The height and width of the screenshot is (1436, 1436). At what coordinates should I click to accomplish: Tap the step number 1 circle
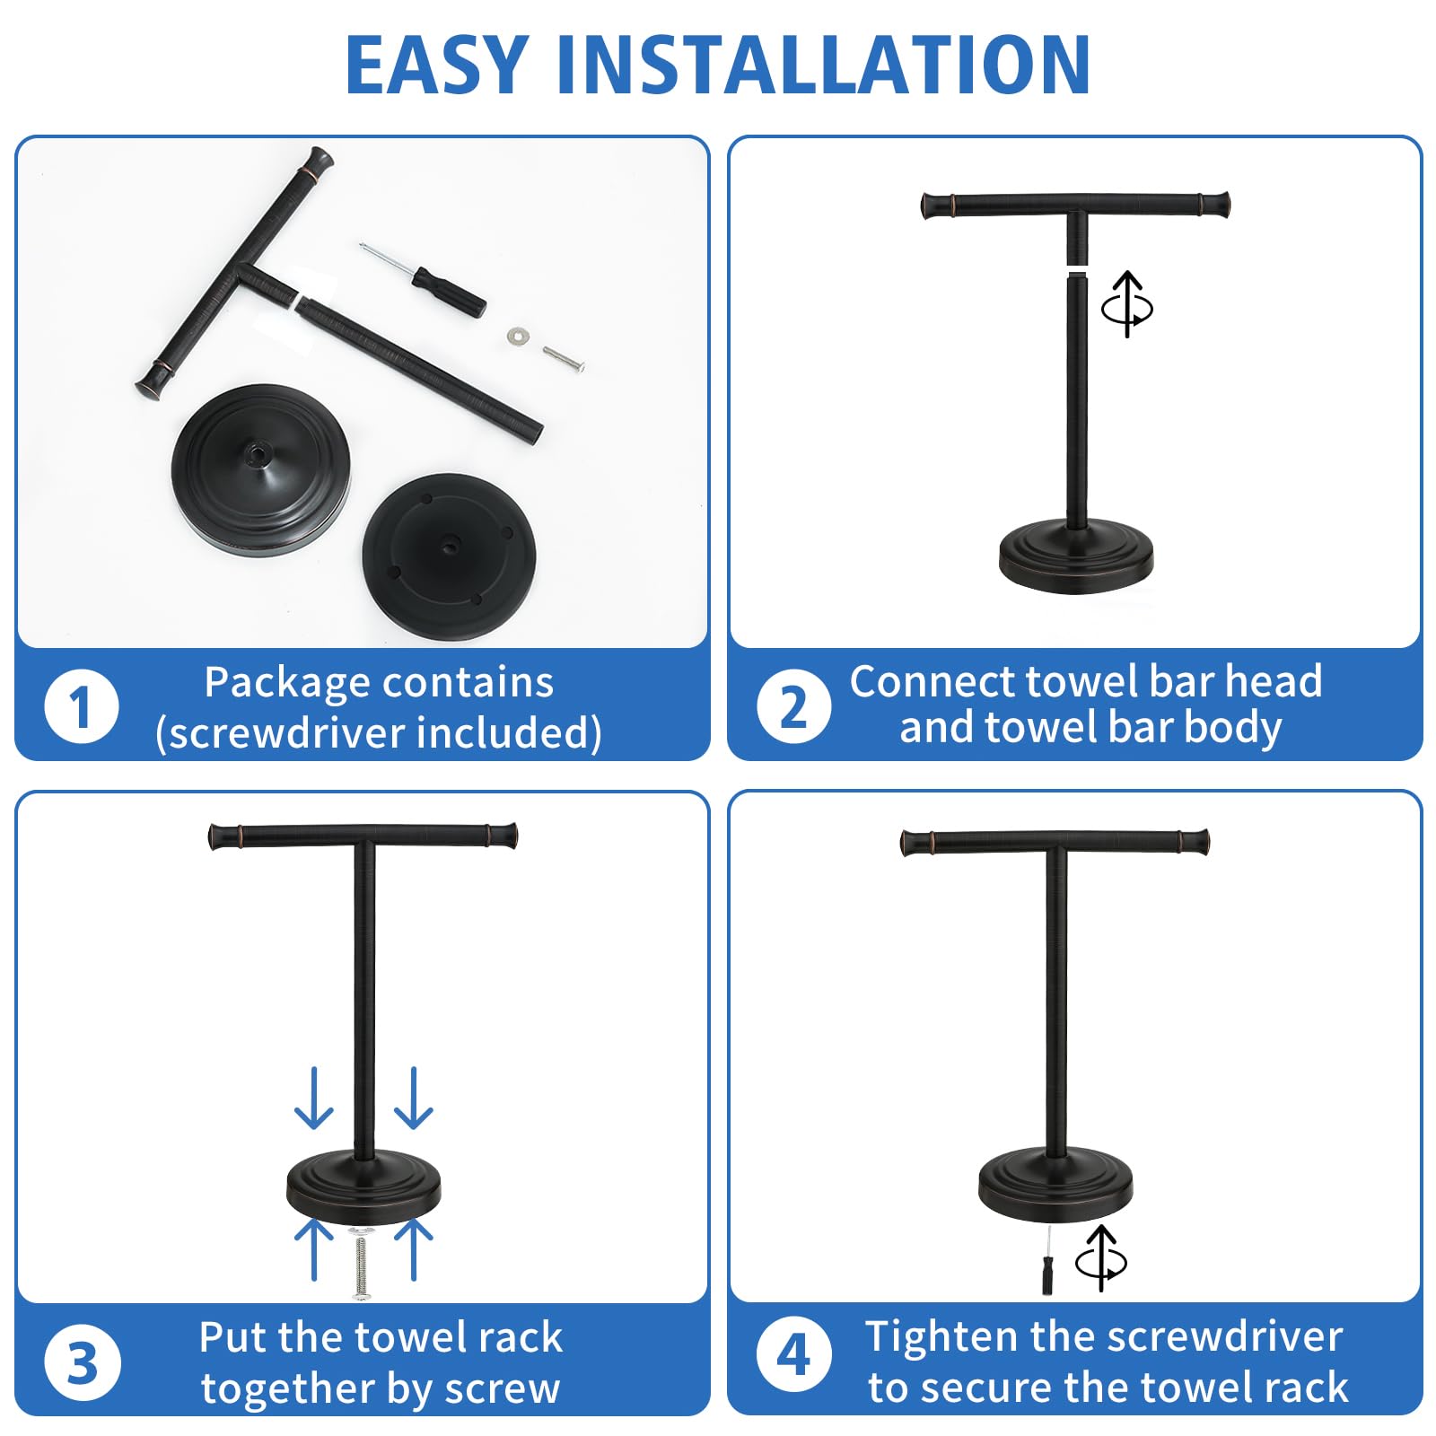(x=81, y=706)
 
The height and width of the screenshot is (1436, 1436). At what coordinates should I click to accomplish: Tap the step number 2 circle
(x=793, y=706)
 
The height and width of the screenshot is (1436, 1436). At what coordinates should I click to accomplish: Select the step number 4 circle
(x=793, y=1354)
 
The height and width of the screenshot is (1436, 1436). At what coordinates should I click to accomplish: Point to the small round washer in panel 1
(x=517, y=335)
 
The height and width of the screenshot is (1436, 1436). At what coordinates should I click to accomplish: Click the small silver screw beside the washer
(x=564, y=358)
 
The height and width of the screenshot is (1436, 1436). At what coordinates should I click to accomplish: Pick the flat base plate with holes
(x=449, y=556)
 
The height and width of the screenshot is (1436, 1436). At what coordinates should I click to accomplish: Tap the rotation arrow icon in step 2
(x=1127, y=304)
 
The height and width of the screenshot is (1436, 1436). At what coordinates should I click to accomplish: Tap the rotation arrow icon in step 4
(x=1101, y=1258)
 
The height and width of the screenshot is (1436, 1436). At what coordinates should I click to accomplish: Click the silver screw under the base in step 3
(x=362, y=1264)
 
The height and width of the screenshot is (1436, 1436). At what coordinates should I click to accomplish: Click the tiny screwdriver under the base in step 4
(x=1047, y=1265)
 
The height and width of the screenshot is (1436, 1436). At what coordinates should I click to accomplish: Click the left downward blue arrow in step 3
(x=314, y=1099)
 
